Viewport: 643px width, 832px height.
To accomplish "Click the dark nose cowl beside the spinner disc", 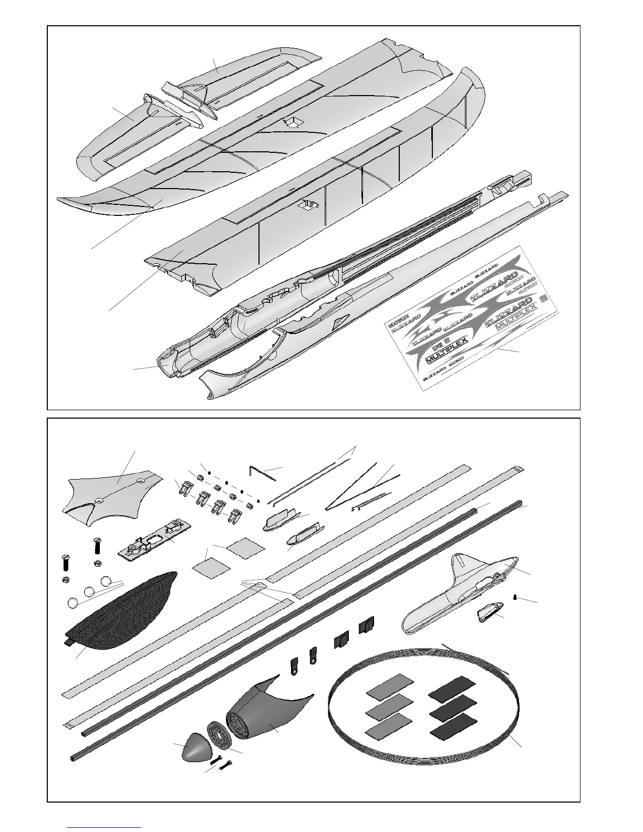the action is (263, 712).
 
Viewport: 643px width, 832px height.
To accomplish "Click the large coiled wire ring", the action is (423, 706).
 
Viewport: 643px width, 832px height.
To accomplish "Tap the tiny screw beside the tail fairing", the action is (516, 597).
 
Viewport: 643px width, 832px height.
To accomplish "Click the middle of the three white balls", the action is (90, 591).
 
